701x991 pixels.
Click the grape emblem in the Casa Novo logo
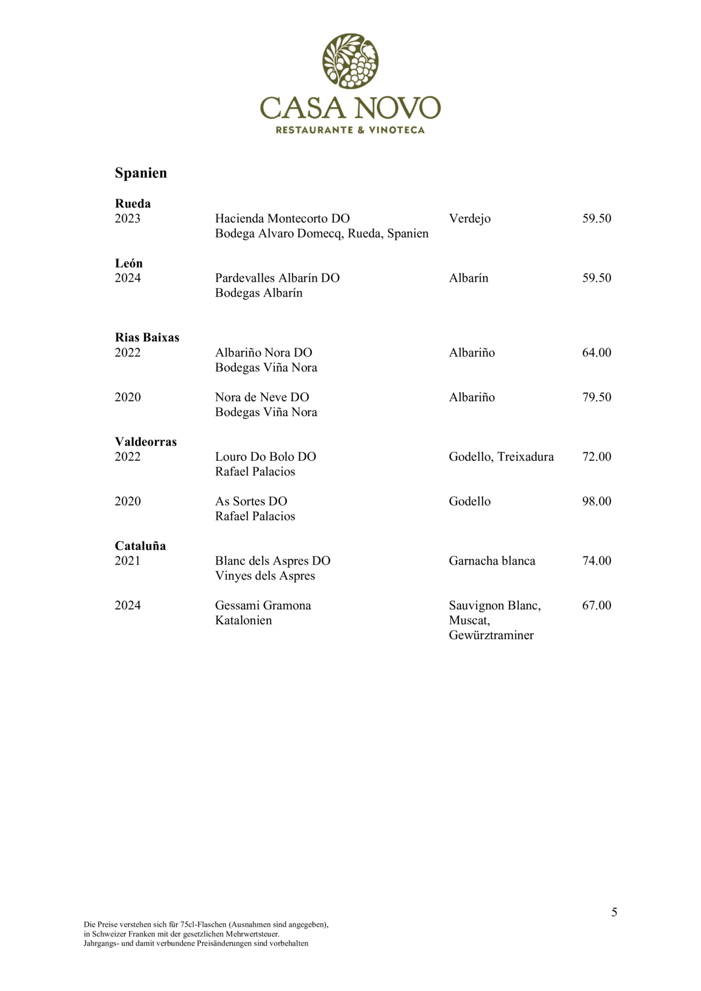350,61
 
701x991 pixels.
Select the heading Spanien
141,173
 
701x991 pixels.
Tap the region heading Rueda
133,203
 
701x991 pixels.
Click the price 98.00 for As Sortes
597,502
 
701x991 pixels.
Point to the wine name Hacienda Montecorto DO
282,218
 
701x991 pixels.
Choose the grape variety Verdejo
469,218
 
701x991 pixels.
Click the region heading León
128,264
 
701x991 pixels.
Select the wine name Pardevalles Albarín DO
277,278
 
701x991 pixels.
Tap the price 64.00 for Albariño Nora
597,352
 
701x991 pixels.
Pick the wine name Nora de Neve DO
262,397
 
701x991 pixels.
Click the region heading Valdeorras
146,442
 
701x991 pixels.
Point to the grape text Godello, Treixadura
501,457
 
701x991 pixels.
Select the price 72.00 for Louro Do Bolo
597,457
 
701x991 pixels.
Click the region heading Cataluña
140,546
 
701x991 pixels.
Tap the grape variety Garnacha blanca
492,561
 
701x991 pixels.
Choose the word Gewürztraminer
491,636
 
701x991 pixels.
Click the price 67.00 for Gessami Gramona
597,606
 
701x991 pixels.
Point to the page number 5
614,912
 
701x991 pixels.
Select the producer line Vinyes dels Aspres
265,576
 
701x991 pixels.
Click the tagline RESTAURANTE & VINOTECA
350,130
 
